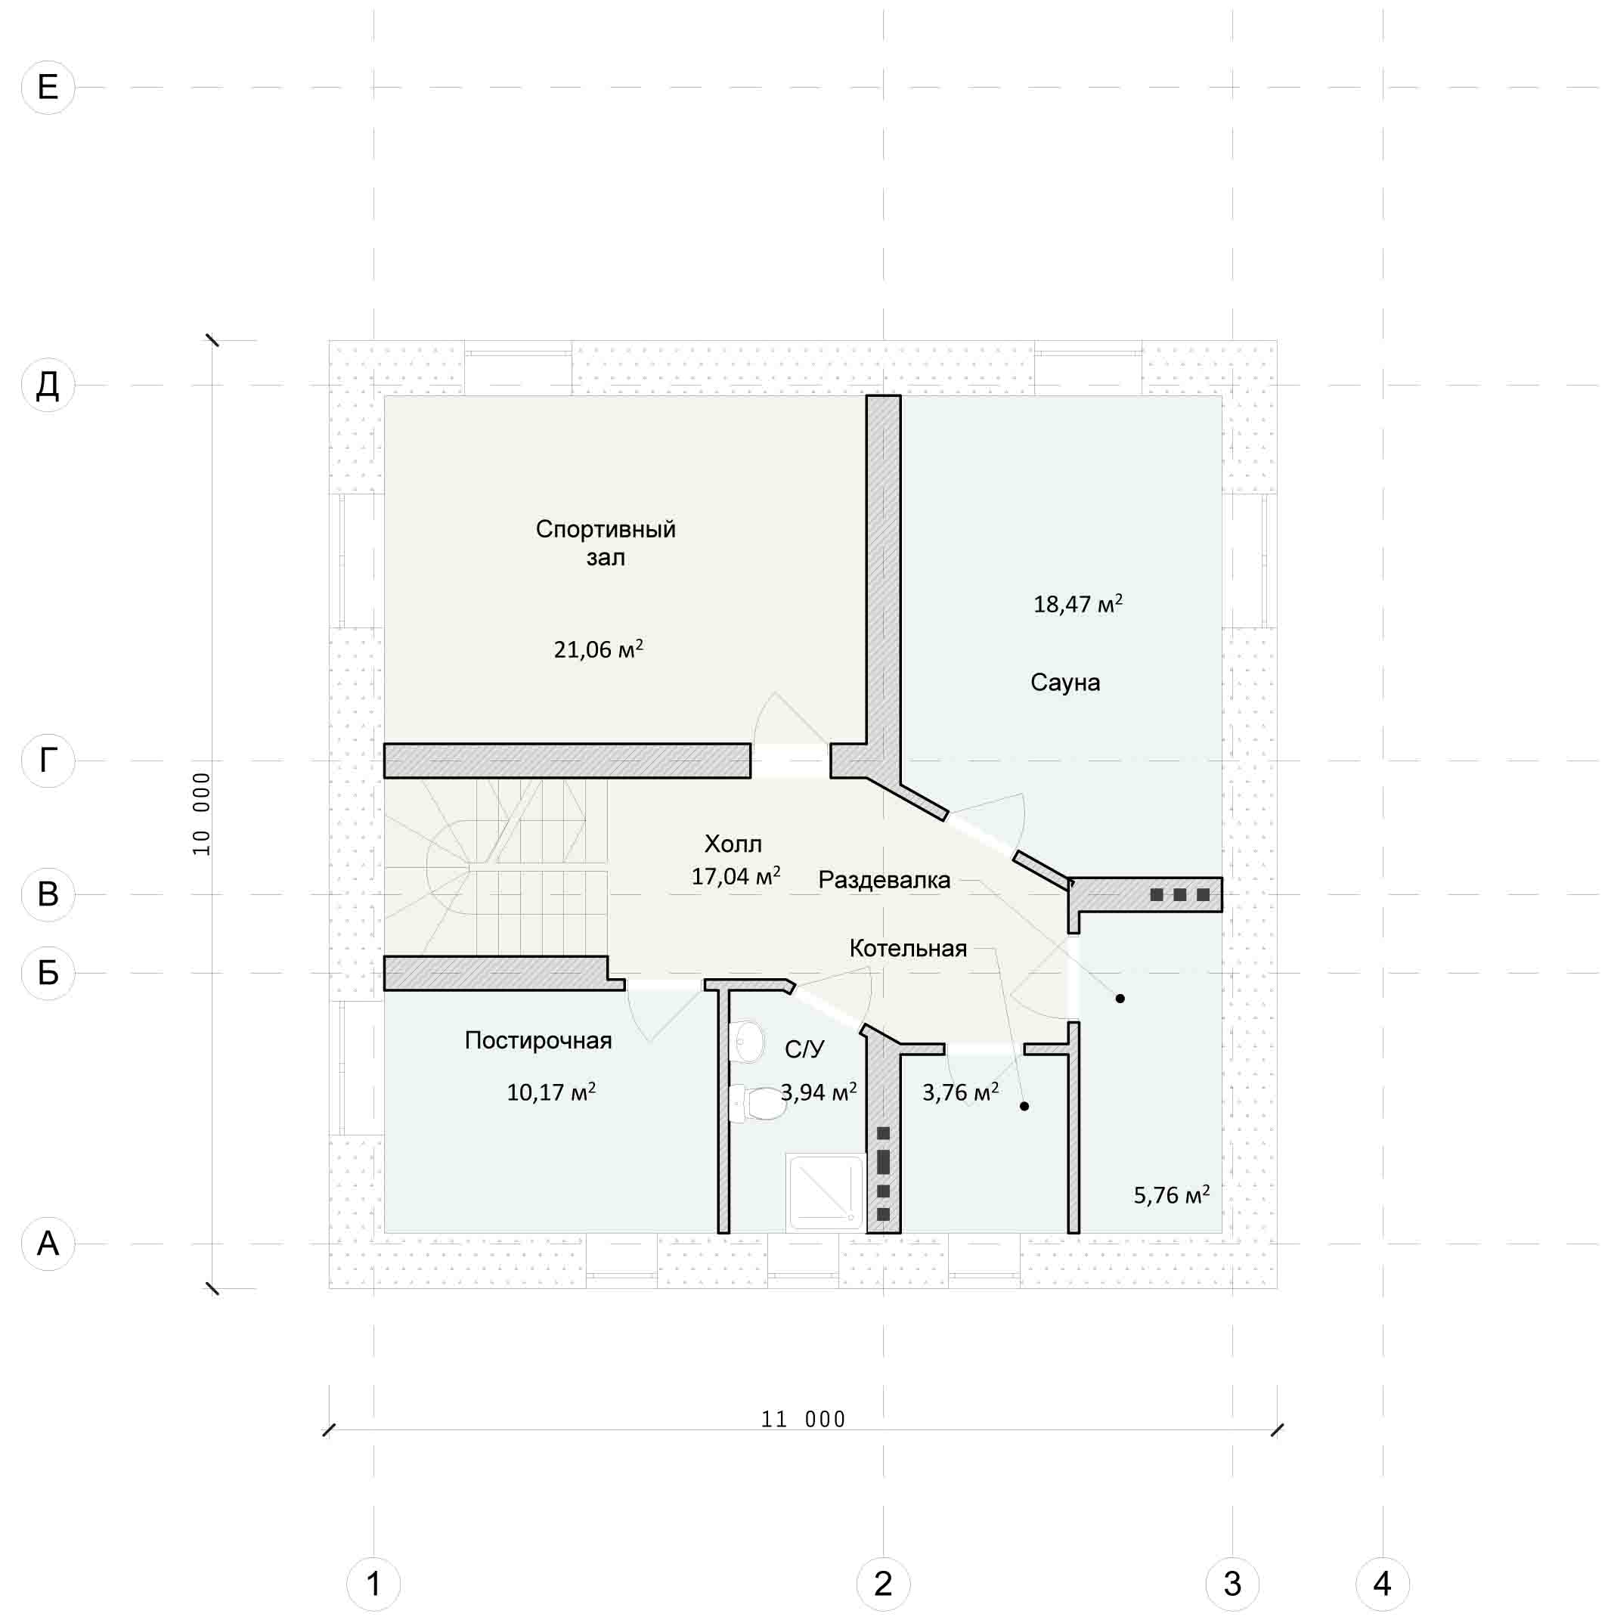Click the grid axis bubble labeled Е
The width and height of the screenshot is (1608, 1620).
[x=48, y=87]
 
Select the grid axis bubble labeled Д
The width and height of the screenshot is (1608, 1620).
[x=48, y=385]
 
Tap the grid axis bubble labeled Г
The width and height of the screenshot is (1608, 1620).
[x=48, y=760]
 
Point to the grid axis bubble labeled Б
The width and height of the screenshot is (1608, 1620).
[x=48, y=973]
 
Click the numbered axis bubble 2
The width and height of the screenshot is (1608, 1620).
[x=883, y=1583]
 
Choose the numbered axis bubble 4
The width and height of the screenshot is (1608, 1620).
[x=1383, y=1583]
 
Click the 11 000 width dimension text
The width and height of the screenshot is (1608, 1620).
[x=803, y=1419]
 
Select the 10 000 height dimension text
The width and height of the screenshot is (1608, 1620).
[x=202, y=814]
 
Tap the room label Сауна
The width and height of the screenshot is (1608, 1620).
[x=1064, y=683]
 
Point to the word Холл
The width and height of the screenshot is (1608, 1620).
[x=733, y=844]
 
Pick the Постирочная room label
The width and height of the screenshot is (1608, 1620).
[x=538, y=1041]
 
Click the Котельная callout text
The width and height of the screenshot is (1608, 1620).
[x=908, y=949]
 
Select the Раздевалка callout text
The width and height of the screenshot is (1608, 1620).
[x=885, y=880]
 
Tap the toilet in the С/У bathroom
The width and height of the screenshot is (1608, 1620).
[x=759, y=1104]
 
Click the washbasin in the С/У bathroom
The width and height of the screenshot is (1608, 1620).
[x=747, y=1041]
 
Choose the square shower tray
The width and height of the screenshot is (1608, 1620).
[x=826, y=1192]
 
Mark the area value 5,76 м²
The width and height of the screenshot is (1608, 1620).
[x=1171, y=1194]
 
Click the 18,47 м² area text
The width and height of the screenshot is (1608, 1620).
[x=1077, y=604]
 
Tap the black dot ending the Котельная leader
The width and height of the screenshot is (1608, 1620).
[x=1024, y=1106]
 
